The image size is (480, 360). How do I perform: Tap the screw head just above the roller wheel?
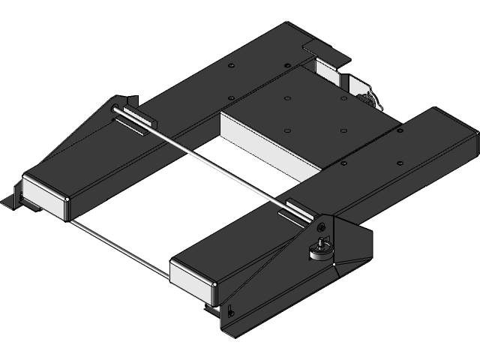point(321,226)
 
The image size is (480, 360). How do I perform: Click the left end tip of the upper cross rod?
point(113,113)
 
